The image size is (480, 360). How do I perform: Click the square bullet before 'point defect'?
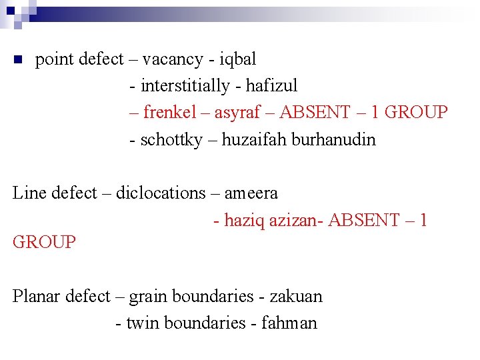tap(19, 60)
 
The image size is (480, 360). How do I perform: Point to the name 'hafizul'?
tap(271, 87)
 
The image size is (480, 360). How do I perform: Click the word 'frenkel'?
tap(174, 113)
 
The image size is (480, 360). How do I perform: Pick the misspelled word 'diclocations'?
tap(161, 193)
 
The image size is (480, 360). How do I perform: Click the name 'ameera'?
tap(251, 194)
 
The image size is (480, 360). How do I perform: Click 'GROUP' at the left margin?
tap(45, 242)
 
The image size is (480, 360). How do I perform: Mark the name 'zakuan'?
tap(296, 296)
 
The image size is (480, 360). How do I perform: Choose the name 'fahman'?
tap(289, 323)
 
